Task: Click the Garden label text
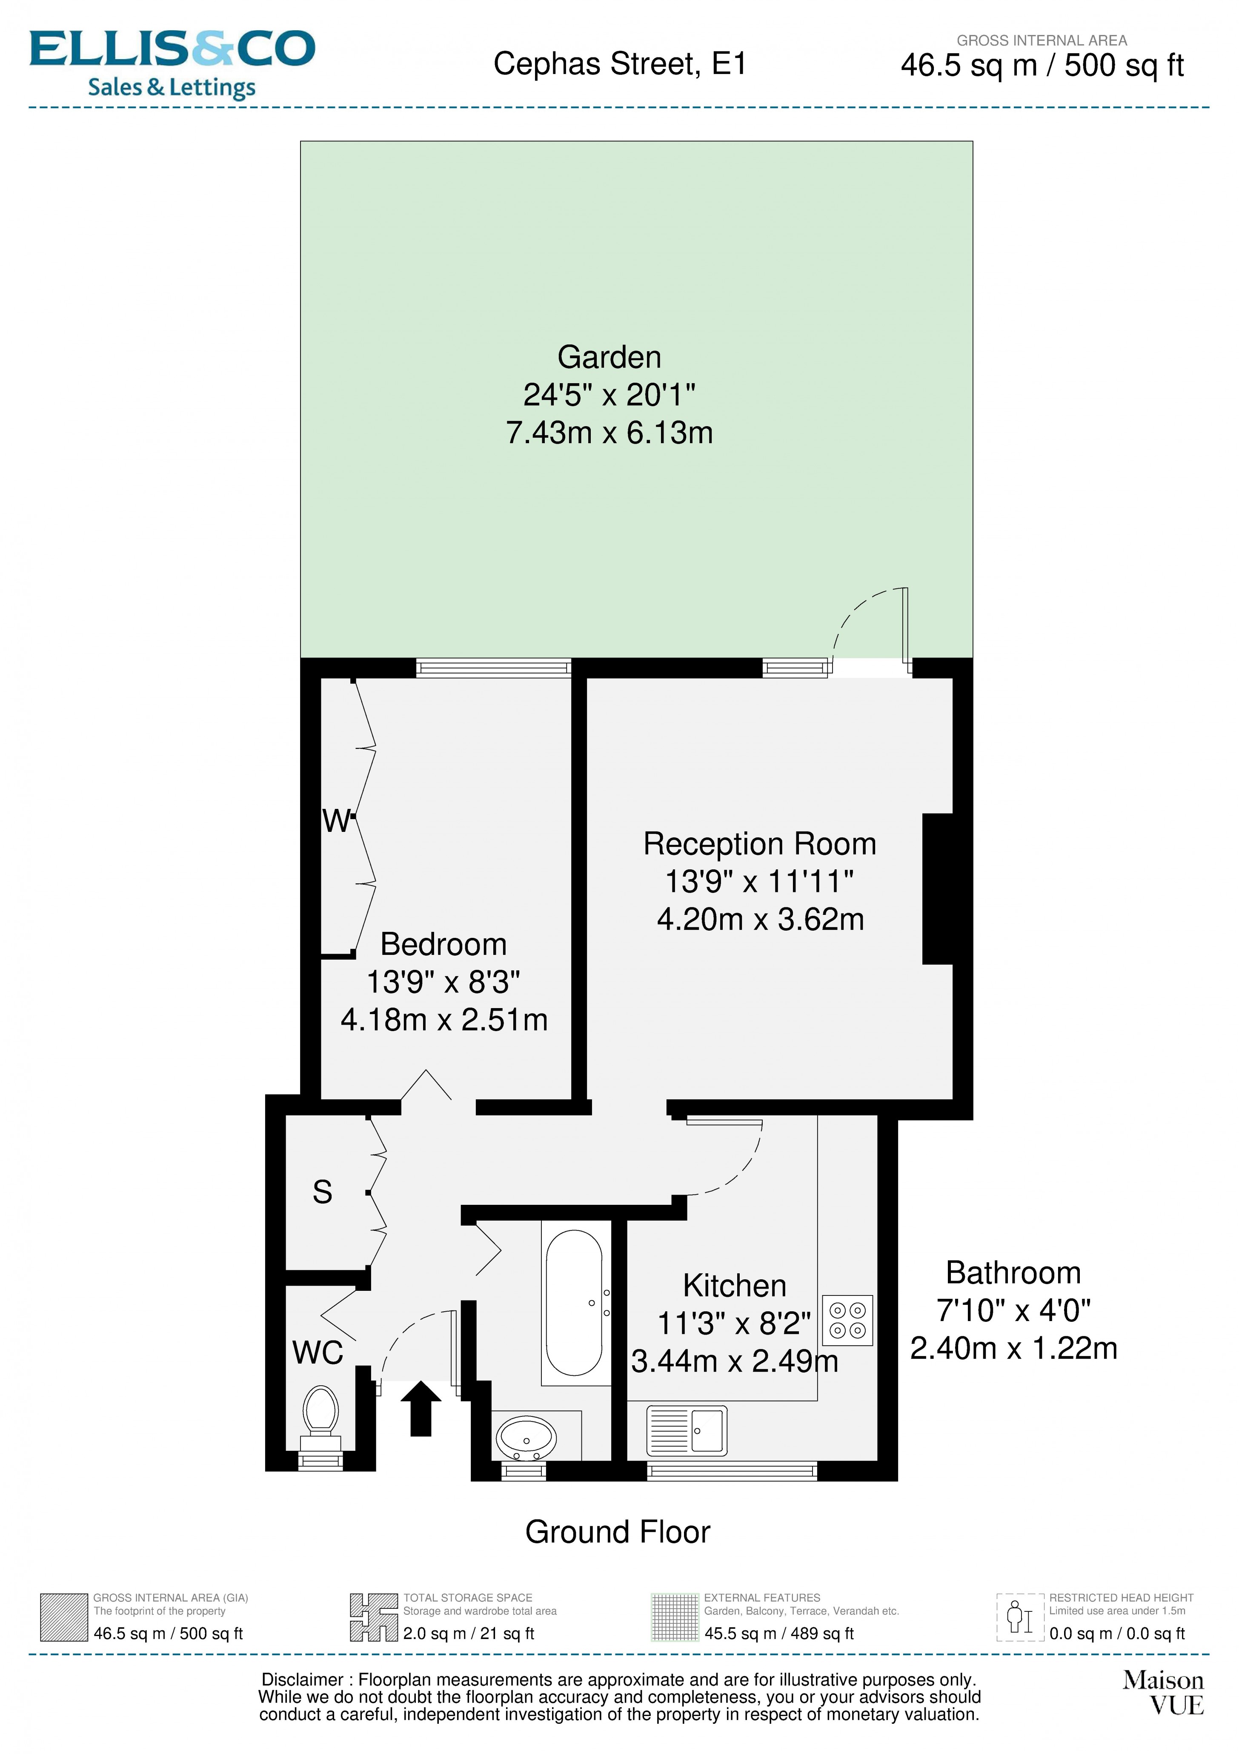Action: click(609, 357)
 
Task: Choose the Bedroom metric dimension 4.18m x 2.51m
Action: click(444, 1020)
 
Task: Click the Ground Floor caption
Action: click(617, 1532)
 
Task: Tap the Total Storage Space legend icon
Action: click(374, 1617)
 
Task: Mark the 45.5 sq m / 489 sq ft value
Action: click(778, 1633)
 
